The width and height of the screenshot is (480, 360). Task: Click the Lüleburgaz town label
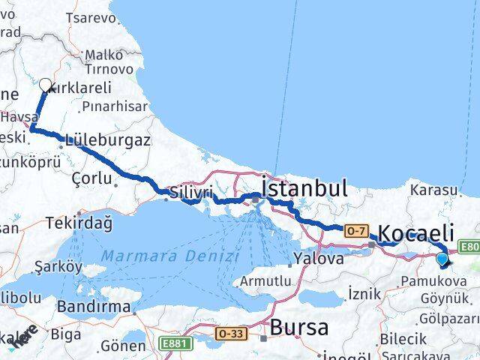[107, 139]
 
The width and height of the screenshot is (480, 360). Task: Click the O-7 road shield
[355, 231]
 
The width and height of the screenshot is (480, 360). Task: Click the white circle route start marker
[45, 85]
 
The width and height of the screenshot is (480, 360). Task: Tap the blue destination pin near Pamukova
[442, 259]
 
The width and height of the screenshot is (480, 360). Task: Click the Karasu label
[431, 190]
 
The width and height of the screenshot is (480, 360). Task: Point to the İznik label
[364, 293]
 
